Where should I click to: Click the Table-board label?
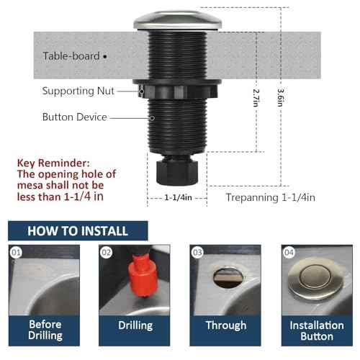click(x=72, y=55)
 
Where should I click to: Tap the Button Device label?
click(x=74, y=117)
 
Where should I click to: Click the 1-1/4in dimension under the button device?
click(x=177, y=196)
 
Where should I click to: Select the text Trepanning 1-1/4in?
click(x=270, y=197)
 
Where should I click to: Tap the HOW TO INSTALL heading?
click(x=78, y=231)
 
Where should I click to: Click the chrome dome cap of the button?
click(x=177, y=18)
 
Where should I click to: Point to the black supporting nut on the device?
click(x=177, y=91)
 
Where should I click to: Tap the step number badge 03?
click(x=197, y=253)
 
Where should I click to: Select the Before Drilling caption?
click(x=45, y=330)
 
